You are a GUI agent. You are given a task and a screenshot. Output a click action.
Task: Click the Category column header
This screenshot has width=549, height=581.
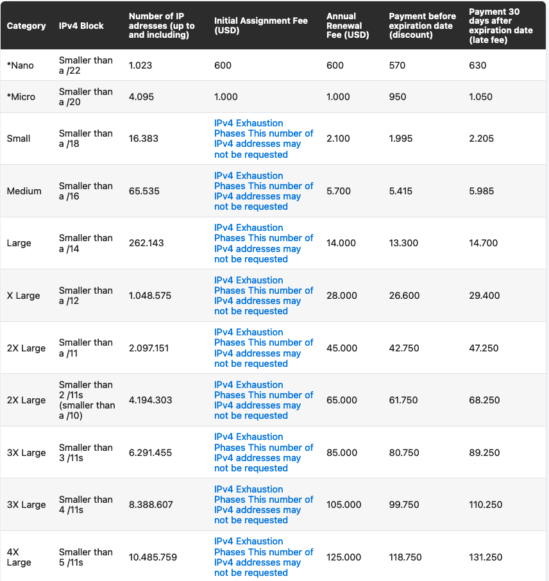point(26,26)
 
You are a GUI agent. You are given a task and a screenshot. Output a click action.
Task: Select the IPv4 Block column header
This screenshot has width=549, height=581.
point(81,26)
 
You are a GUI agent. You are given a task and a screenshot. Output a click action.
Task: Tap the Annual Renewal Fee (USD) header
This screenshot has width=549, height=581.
point(348,26)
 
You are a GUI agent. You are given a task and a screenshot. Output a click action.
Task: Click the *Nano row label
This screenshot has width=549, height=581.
point(21,65)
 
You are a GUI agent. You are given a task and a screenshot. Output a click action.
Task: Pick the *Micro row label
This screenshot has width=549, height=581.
point(21,97)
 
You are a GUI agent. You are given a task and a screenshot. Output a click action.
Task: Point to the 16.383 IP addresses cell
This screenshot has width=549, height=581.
point(144,139)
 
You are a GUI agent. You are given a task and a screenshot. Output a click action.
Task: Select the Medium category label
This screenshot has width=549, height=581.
point(24,191)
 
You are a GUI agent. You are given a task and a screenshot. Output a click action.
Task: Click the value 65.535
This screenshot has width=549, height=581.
point(144,191)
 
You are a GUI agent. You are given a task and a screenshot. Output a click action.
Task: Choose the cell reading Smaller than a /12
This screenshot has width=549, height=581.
point(85,296)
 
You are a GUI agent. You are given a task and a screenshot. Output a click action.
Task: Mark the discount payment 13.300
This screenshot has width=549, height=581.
point(403,243)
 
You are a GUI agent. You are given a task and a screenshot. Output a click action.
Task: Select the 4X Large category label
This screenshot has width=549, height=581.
point(19,557)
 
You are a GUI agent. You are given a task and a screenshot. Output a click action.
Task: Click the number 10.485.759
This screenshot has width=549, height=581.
point(153,557)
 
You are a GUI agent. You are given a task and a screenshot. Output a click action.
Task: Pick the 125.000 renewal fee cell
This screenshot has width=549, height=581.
point(344,557)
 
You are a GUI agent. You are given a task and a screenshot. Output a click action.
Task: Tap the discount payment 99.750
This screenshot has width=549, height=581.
point(403,505)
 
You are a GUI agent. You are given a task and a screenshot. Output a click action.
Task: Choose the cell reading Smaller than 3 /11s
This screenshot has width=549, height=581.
point(85,453)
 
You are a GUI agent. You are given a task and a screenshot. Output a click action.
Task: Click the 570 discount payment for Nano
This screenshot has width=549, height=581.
point(397,65)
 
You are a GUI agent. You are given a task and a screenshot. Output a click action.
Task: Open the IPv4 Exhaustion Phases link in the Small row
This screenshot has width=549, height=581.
point(264,139)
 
